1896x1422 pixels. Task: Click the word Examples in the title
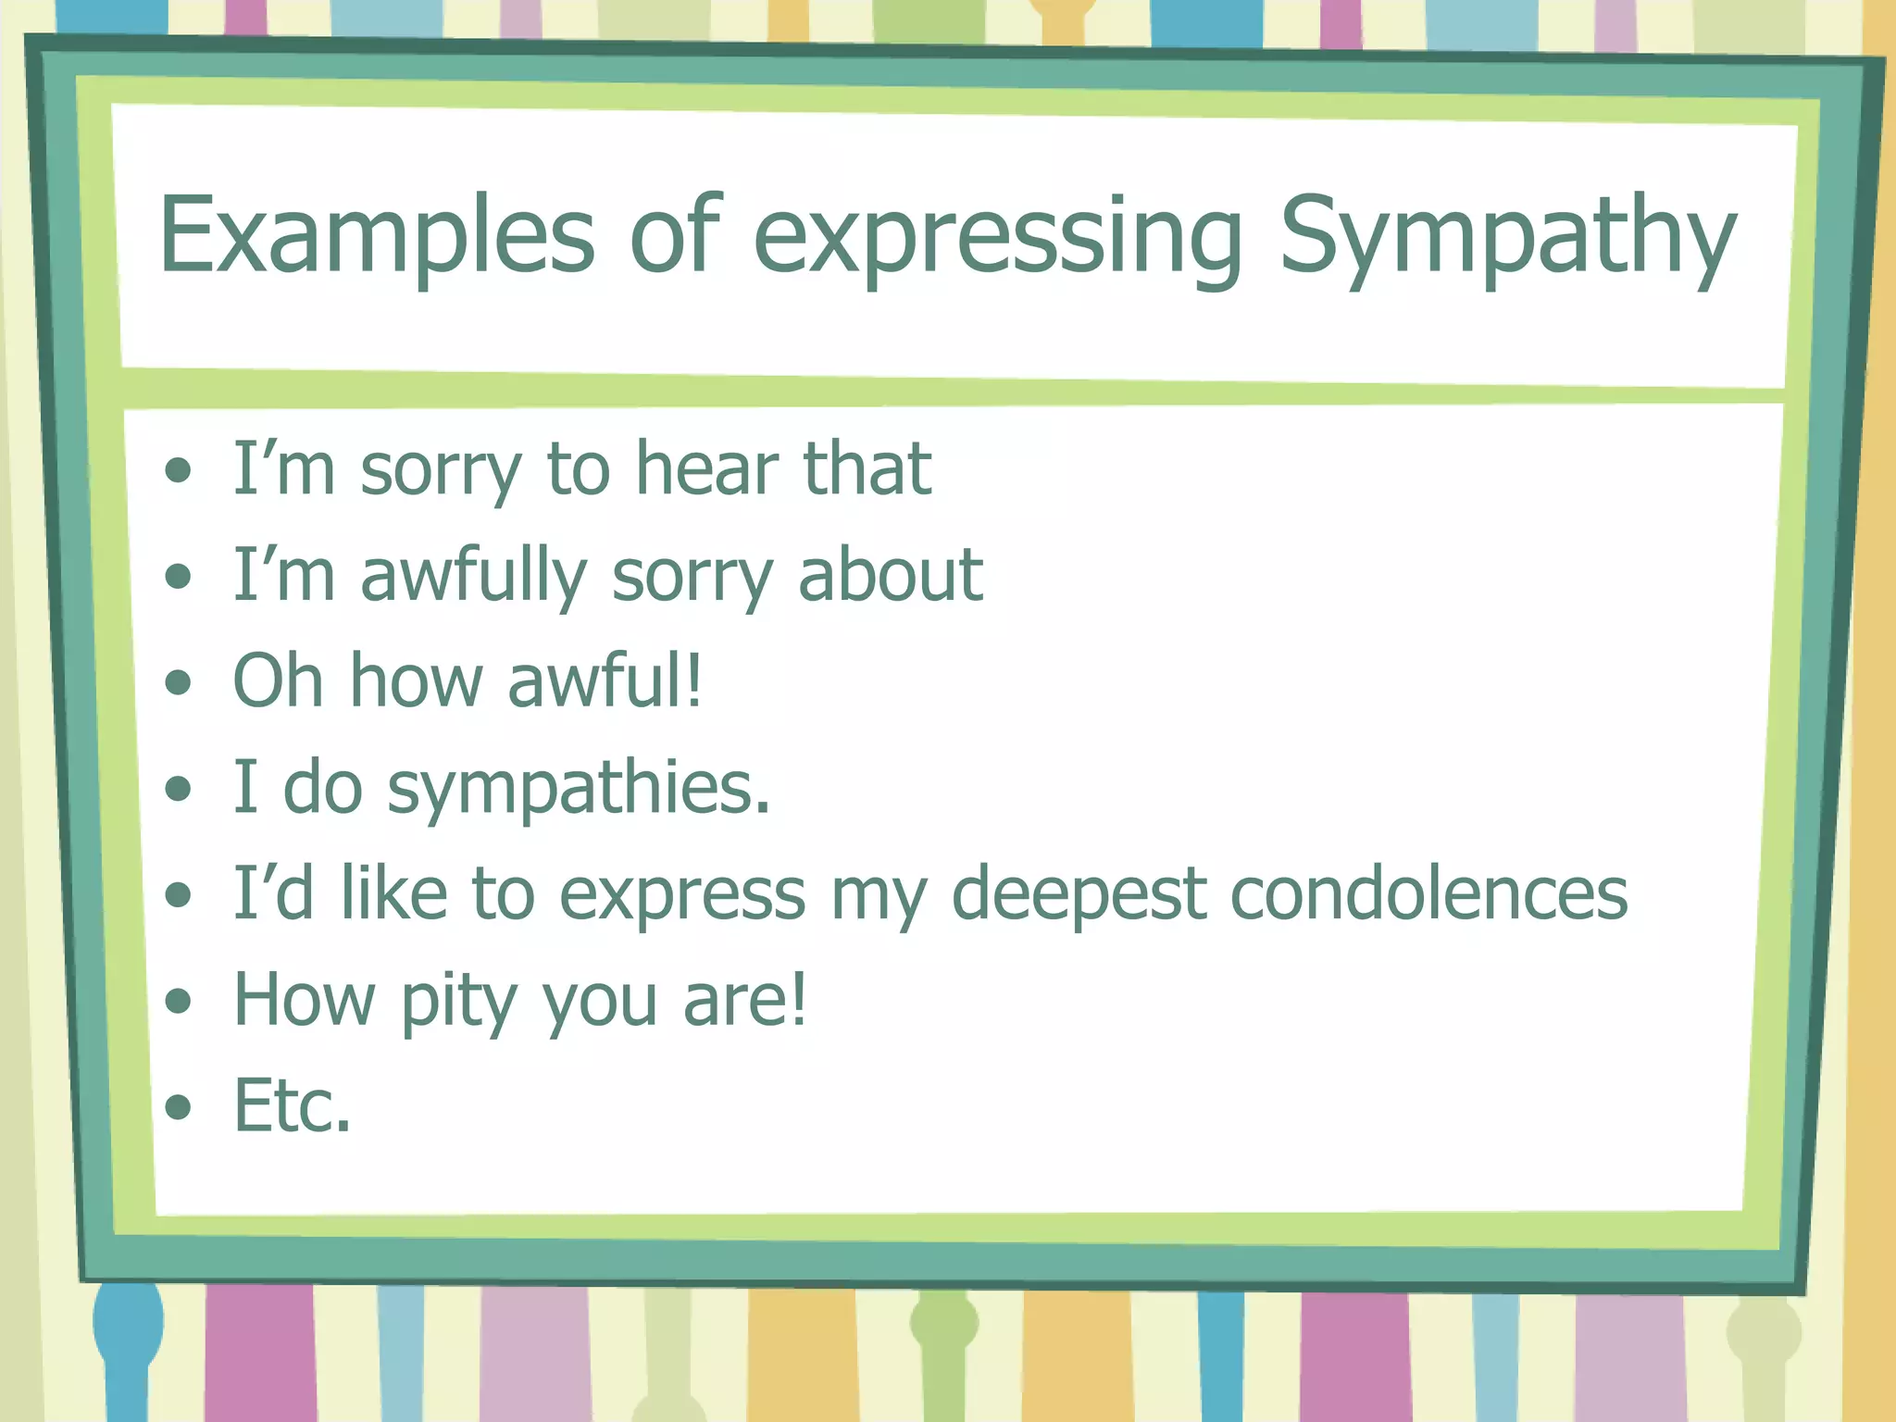tap(376, 236)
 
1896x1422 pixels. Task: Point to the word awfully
tap(474, 577)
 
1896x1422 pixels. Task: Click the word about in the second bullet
tap(890, 575)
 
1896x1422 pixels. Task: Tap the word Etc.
tap(293, 1105)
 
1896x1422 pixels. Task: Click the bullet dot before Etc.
tap(178, 1106)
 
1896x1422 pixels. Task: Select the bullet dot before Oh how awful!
tap(178, 683)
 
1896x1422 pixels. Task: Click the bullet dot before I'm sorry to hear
tap(178, 471)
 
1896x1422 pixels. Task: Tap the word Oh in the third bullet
tap(278, 680)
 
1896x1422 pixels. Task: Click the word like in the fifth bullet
tap(393, 893)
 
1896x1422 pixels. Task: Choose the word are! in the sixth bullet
tap(744, 1000)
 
